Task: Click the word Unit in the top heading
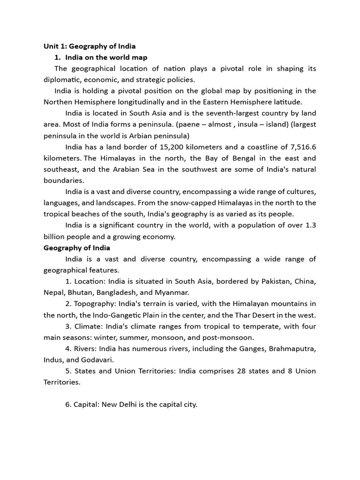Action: pyautogui.click(x=51, y=46)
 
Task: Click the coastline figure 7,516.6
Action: pyautogui.click(x=300, y=147)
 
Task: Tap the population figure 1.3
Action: pyautogui.click(x=310, y=225)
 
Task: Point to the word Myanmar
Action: pyautogui.click(x=176, y=292)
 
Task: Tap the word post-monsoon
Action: pyautogui.click(x=230, y=337)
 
